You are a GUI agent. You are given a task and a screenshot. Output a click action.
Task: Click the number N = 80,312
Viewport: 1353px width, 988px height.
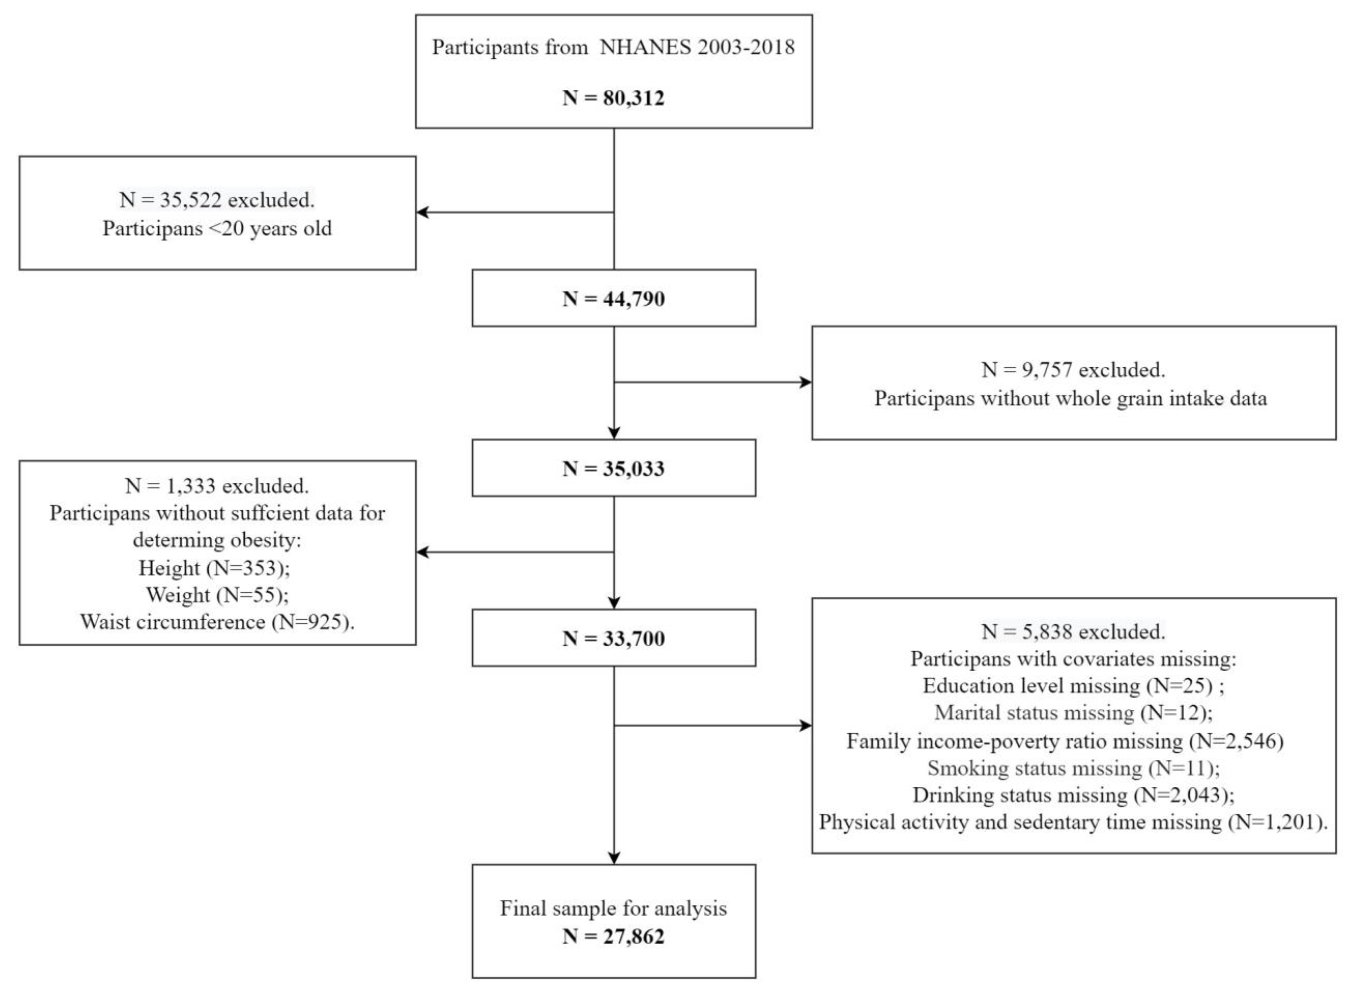tap(613, 97)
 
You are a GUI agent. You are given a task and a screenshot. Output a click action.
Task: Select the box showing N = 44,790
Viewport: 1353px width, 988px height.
tap(613, 298)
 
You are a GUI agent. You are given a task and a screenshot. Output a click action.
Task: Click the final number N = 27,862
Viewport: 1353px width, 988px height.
tap(613, 936)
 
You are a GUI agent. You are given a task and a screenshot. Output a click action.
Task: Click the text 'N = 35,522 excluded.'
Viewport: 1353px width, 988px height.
tap(216, 200)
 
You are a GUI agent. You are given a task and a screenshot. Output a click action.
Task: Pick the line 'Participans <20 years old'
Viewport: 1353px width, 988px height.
tap(216, 228)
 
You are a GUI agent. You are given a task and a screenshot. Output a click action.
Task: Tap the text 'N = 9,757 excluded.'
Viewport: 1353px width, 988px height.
tap(1073, 370)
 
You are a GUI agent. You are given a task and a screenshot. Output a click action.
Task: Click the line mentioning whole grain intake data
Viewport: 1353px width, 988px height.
tap(1070, 398)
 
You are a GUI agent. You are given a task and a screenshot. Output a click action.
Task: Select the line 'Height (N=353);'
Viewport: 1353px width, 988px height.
tap(214, 568)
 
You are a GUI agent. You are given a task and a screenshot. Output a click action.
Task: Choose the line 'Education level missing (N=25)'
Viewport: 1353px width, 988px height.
tap(1073, 685)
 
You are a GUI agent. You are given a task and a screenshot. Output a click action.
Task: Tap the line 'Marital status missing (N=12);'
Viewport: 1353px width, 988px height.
tap(1073, 712)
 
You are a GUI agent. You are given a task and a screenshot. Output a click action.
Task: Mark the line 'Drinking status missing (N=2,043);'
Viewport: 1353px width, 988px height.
tap(1073, 795)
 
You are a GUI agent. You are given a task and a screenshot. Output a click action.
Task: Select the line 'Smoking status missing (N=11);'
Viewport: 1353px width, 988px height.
tap(1073, 768)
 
